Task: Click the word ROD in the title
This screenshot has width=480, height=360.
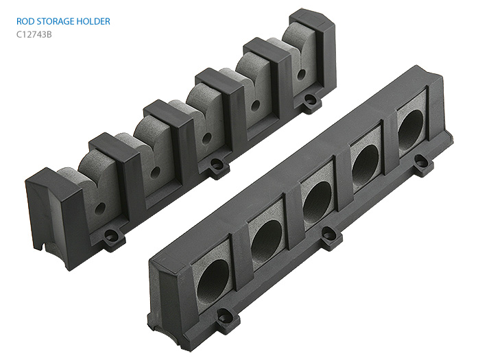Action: click(24, 21)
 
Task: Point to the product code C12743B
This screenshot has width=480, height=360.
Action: click(34, 34)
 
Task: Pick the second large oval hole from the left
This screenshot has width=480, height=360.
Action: click(266, 238)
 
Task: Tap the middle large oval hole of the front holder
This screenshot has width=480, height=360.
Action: click(317, 201)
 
